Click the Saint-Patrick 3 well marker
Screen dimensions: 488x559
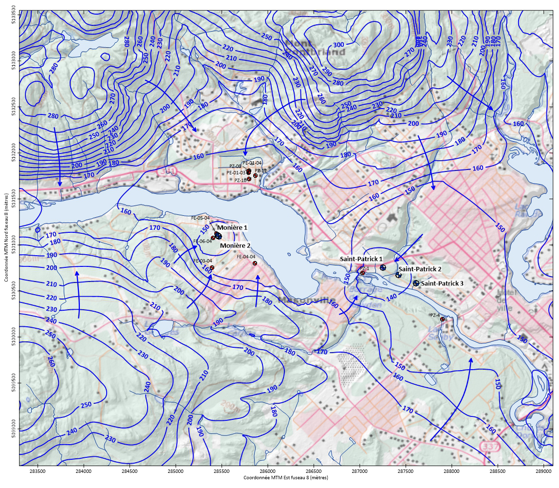point(416,283)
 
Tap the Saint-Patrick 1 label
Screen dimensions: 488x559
point(362,259)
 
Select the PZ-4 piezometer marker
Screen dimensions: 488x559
point(443,319)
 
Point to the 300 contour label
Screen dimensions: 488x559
point(337,45)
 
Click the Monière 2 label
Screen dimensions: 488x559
point(235,246)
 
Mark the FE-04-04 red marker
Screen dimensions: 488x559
point(255,263)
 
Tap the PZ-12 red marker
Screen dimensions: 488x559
point(255,175)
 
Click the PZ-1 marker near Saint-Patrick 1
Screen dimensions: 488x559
point(362,273)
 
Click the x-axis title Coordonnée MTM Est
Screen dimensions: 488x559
point(280,478)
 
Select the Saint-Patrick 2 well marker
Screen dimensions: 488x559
point(398,275)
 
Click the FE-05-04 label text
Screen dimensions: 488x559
point(200,218)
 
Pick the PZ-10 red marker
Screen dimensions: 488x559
point(249,179)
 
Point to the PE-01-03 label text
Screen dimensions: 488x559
point(236,172)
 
